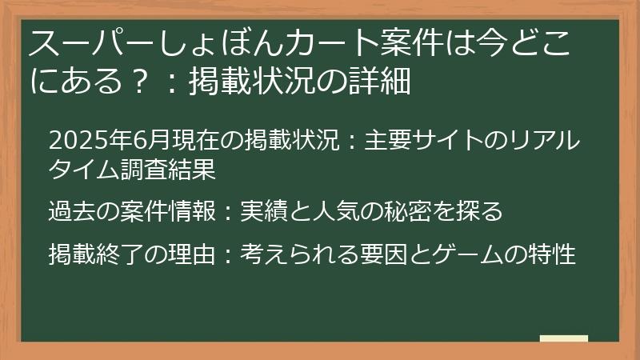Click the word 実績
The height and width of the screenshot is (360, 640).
(x=263, y=212)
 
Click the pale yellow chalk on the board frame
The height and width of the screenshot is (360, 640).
(x=564, y=338)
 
